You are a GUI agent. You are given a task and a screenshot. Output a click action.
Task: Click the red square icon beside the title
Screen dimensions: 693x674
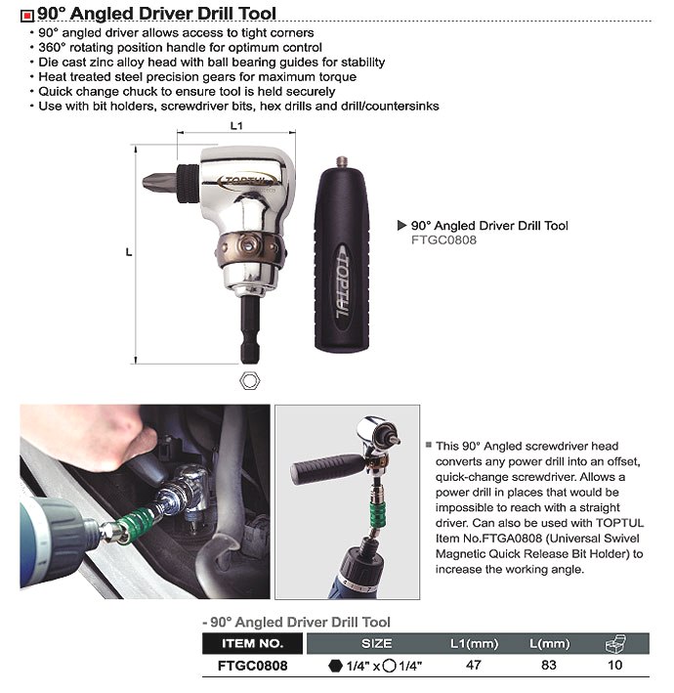(26, 15)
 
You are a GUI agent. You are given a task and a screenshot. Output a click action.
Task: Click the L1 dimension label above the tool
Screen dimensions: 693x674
(236, 125)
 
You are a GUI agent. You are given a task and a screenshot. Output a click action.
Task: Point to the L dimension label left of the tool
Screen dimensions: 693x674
(129, 252)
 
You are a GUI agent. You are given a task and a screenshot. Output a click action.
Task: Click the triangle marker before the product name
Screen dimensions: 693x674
(401, 225)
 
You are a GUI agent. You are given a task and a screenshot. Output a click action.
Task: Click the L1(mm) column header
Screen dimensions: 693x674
(475, 643)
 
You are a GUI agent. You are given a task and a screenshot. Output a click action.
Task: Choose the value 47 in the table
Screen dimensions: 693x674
(475, 665)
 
